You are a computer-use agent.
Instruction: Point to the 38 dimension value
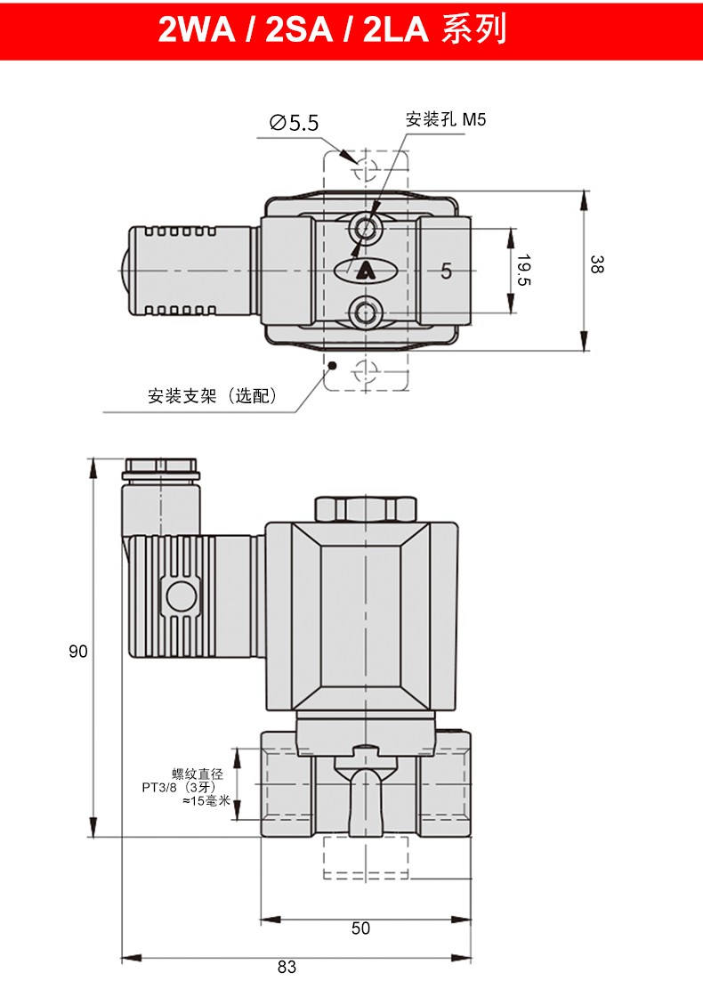pyautogui.click(x=597, y=264)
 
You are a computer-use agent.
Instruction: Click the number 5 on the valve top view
pyautogui.click(x=446, y=272)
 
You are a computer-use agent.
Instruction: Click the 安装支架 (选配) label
pyautogui.click(x=213, y=396)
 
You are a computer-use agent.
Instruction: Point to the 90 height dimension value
pyautogui.click(x=78, y=652)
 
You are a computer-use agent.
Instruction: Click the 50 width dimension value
pyautogui.click(x=360, y=928)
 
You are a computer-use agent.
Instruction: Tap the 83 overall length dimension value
pyautogui.click(x=286, y=967)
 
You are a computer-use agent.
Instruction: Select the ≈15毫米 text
pyautogui.click(x=206, y=801)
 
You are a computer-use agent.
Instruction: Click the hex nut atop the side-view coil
pyautogui.click(x=365, y=508)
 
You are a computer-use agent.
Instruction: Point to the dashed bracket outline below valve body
pyautogui.click(x=365, y=857)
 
